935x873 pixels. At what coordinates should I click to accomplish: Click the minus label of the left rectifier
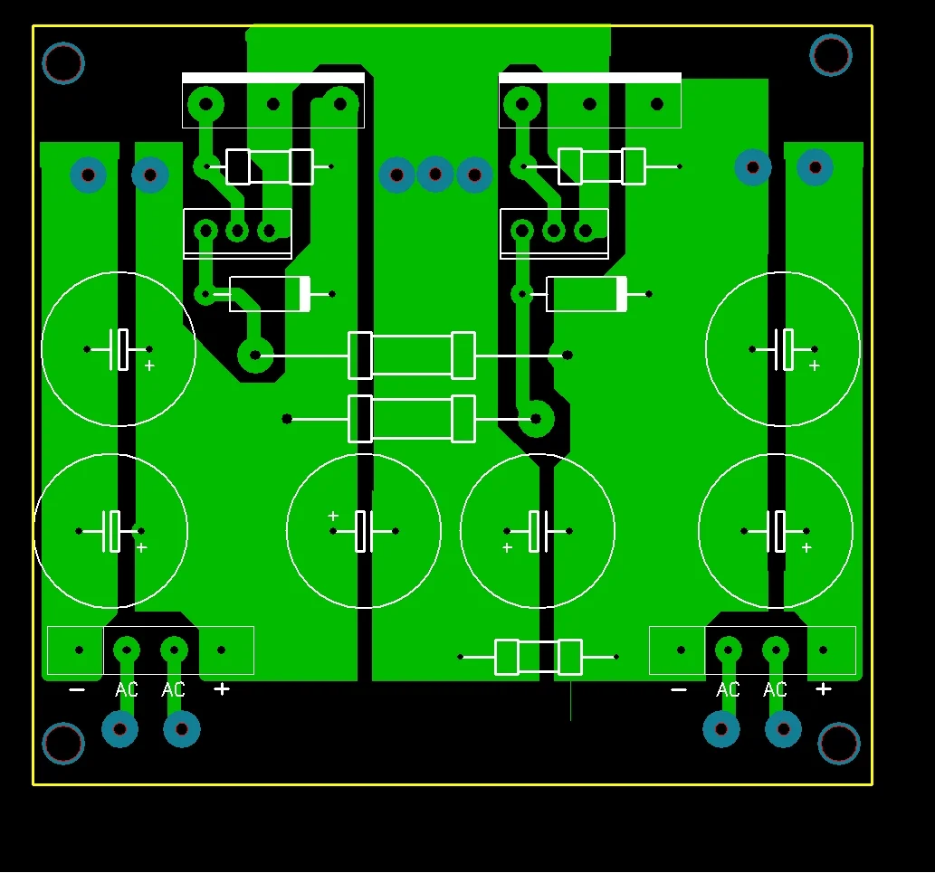tap(77, 689)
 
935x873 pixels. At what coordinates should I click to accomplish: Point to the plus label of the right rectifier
tap(824, 688)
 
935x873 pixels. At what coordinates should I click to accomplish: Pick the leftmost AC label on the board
tap(127, 689)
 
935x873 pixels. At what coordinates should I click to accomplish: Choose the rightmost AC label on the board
tap(775, 689)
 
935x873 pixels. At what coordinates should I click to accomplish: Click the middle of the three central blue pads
tap(435, 175)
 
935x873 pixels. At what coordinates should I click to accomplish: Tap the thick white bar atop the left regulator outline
tap(273, 78)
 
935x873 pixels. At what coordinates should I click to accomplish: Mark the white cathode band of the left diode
tap(305, 294)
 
